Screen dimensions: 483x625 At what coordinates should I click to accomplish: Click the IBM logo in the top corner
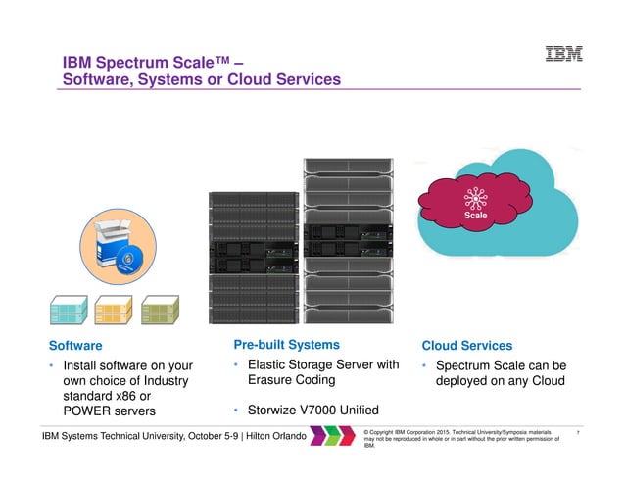(563, 55)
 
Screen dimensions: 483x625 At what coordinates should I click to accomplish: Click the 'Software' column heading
(75, 346)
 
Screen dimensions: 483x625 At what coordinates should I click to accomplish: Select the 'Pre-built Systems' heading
(287, 344)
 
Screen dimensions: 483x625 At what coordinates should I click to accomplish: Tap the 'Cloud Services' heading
(466, 346)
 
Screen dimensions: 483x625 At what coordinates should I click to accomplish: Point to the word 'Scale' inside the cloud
(475, 215)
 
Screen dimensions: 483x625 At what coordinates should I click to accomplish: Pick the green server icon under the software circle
(161, 309)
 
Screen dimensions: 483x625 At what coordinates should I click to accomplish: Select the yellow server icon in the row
(115, 309)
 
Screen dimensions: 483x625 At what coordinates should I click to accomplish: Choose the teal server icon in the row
(69, 309)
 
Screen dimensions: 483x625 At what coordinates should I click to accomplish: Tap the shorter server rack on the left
(252, 258)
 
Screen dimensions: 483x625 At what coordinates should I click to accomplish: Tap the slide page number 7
(581, 432)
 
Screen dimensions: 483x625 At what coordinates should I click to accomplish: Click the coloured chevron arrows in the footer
(333, 435)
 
